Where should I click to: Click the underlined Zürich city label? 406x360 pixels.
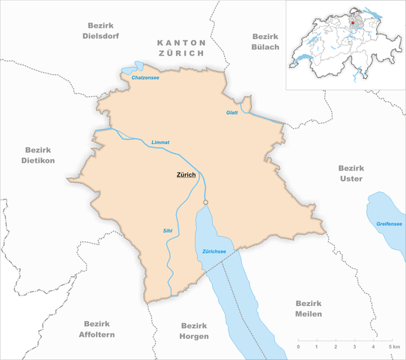pyautogui.click(x=186, y=175)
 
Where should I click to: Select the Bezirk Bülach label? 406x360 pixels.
pyautogui.click(x=264, y=41)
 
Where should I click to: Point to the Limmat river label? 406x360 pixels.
pyautogui.click(x=160, y=142)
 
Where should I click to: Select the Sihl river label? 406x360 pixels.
pyautogui.click(x=167, y=231)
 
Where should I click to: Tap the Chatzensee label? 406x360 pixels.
pyautogui.click(x=144, y=78)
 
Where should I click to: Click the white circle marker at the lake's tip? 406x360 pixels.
pyautogui.click(x=205, y=202)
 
